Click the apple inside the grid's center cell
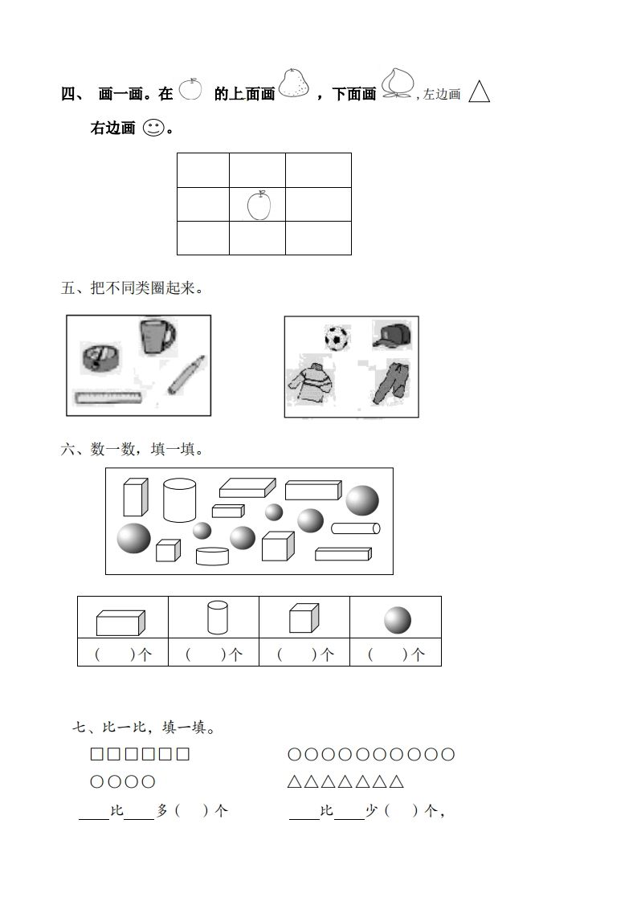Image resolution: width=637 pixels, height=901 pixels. pos(259,205)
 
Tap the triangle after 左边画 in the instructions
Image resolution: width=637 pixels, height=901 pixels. pos(480,92)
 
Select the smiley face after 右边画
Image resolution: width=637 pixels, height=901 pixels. pos(153,128)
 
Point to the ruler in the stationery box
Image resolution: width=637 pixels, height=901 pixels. pos(108,397)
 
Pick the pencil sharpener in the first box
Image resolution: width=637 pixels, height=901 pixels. pos(100,357)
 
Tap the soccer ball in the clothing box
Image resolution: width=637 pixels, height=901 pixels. pos(337,338)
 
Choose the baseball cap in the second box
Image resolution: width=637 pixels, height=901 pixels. pos(392,335)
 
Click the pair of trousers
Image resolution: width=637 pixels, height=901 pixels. pos(391,382)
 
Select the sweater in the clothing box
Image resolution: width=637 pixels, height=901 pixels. pos(311,383)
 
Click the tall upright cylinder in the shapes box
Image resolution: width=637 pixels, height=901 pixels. pos(179,499)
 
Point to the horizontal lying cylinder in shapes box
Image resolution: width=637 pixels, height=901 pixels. pos(355,528)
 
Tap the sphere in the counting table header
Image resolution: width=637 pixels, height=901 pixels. pos(397,620)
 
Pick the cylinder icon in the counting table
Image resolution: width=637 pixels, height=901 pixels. pos(218,618)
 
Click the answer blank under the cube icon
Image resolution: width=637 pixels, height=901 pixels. pos(304,654)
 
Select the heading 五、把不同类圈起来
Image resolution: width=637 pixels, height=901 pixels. pos(132,288)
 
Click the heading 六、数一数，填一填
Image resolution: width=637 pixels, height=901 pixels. pos(132,450)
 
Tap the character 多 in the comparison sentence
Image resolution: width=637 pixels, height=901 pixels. pos(163,811)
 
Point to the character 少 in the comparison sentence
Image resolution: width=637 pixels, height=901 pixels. pos(372,811)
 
